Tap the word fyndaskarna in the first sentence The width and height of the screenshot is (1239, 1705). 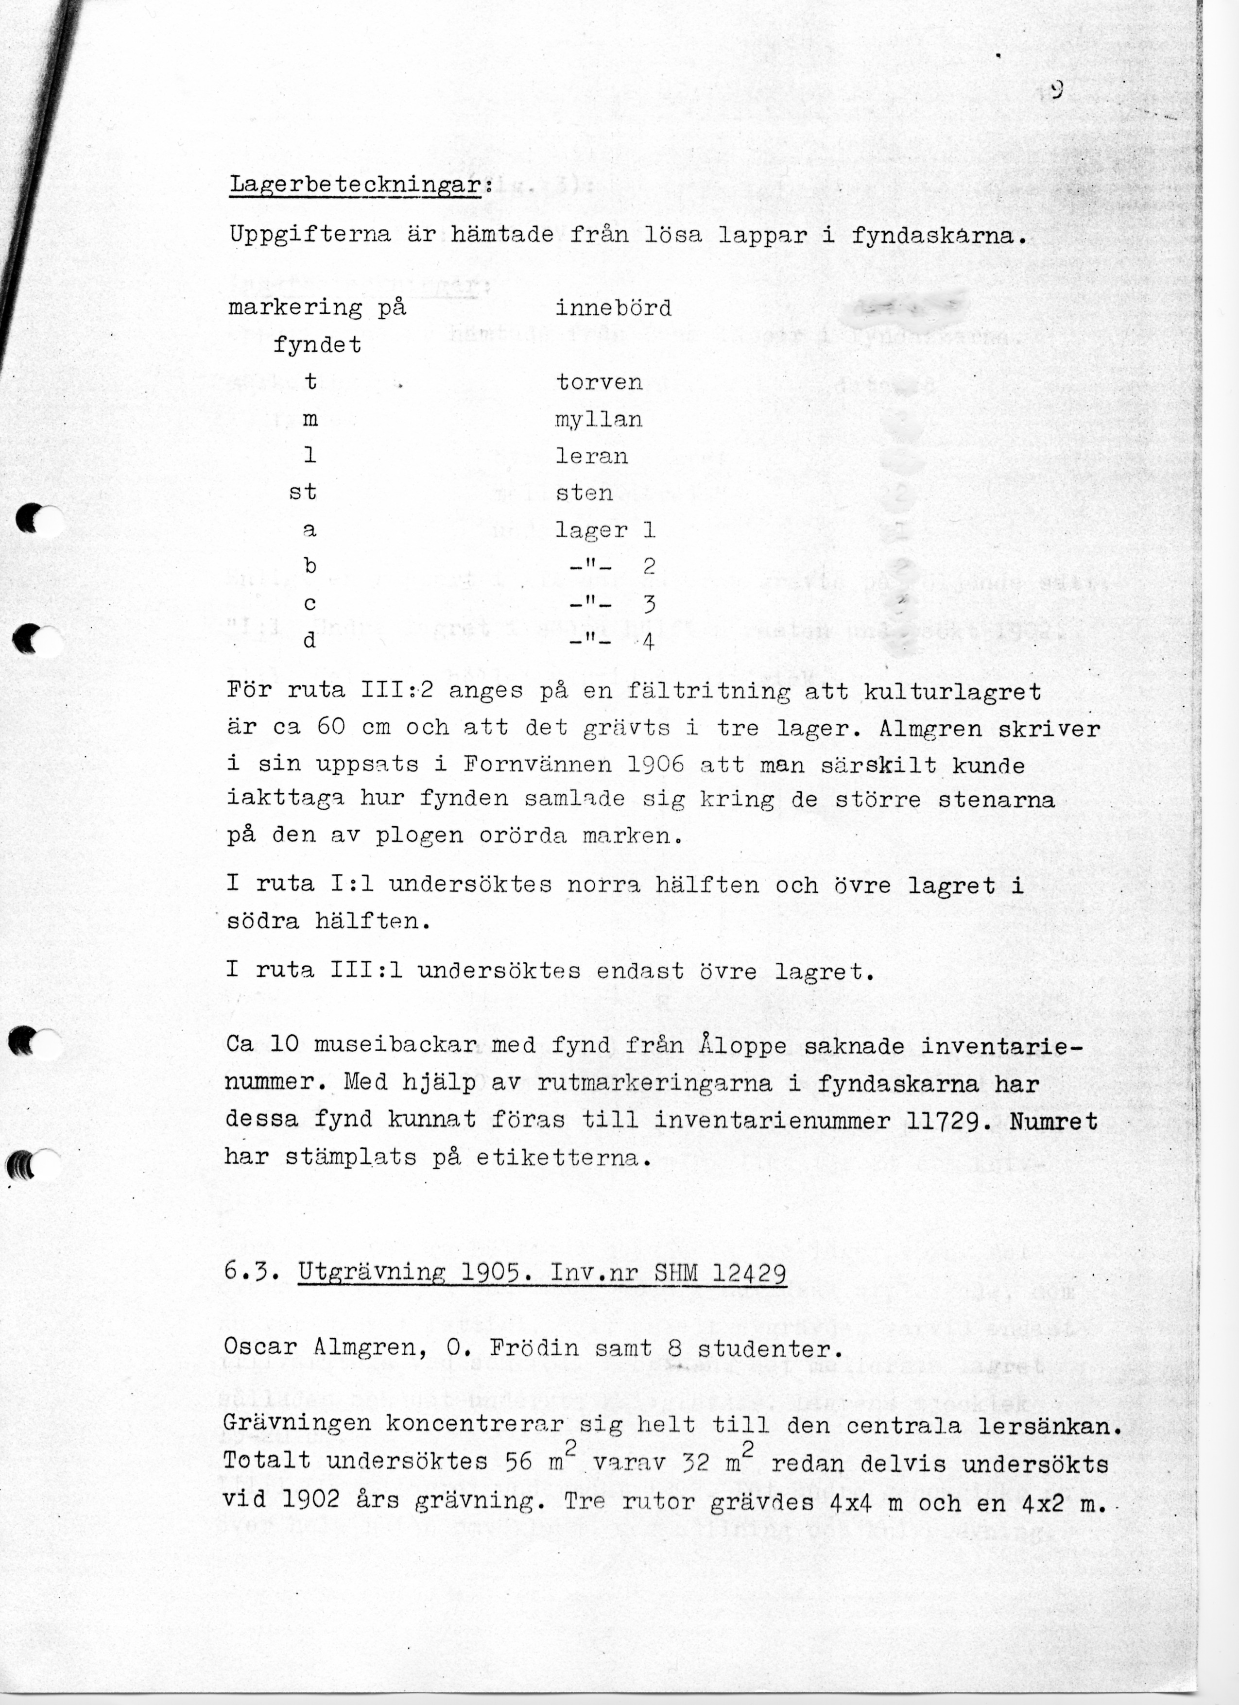point(938,236)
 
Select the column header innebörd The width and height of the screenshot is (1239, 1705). point(613,308)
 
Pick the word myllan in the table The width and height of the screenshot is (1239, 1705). point(599,420)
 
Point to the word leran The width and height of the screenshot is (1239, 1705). point(592,456)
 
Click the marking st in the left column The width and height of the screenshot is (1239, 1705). point(303,493)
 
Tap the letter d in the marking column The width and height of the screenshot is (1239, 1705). point(309,641)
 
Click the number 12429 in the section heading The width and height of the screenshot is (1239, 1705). point(749,1273)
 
